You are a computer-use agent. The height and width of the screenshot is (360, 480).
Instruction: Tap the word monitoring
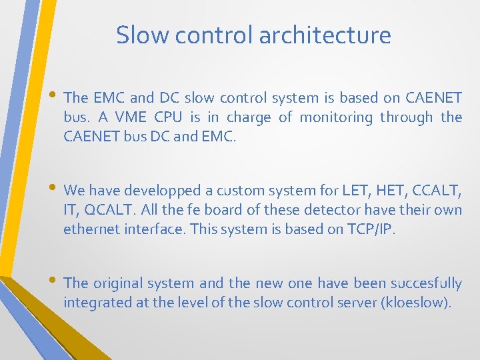point(336,118)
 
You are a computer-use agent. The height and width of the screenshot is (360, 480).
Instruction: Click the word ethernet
point(91,229)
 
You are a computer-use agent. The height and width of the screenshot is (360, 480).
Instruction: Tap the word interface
point(155,229)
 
